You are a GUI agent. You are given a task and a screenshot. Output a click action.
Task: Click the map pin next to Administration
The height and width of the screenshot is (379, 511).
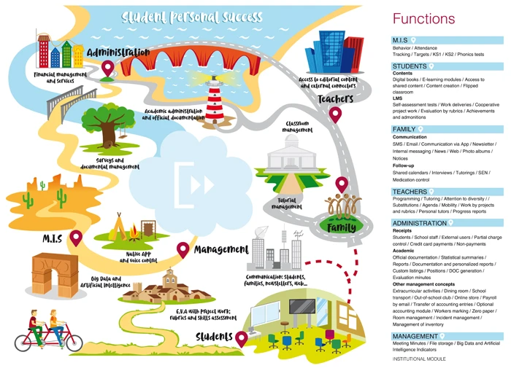point(109,69)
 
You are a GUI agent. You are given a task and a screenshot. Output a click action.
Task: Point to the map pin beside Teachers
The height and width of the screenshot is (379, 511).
point(336,114)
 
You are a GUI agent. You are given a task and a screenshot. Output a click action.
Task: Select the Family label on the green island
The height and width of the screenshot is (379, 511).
point(340,227)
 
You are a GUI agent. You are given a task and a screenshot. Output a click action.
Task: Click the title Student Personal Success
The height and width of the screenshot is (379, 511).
point(191,16)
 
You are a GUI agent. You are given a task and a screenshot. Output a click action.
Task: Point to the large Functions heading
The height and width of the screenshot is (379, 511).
point(423,18)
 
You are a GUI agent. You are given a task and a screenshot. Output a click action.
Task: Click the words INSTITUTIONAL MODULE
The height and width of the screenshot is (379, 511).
point(423,360)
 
